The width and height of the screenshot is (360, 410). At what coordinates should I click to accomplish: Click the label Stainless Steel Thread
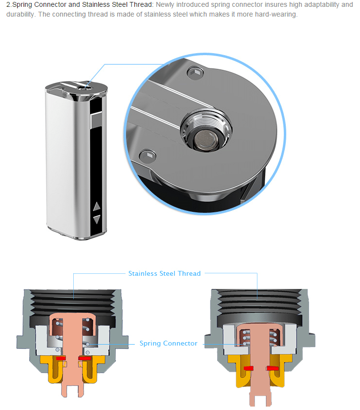point(164,273)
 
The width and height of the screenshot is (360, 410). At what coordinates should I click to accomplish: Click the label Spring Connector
point(169,344)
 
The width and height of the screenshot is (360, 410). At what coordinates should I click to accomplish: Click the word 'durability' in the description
point(21,14)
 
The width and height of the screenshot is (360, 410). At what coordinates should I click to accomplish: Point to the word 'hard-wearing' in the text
point(275,14)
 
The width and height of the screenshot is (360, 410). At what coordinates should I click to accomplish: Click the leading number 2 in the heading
point(8,5)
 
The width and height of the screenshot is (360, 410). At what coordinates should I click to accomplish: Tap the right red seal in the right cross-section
point(273,367)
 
